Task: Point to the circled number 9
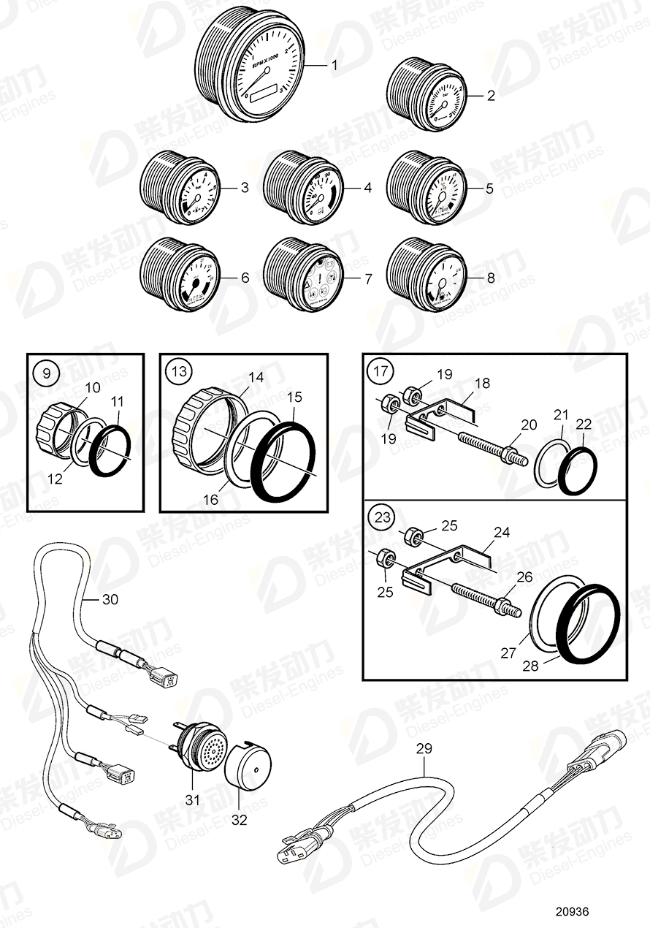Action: [47, 373]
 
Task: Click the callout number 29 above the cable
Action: [424, 748]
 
